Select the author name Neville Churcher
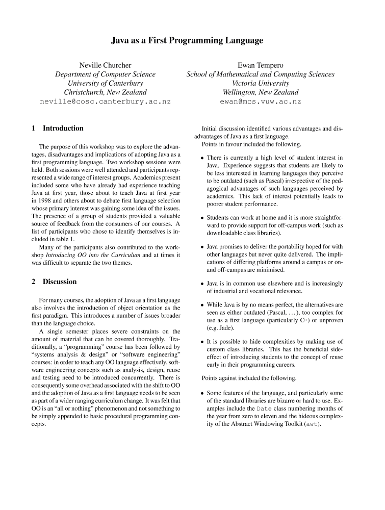pos(105,65)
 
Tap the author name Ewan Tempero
pos(260,65)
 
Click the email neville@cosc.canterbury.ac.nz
pos(105,101)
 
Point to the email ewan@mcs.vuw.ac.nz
pos(260,101)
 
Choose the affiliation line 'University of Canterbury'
pos(105,83)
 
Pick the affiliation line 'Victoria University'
pos(260,83)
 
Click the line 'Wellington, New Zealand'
pos(260,92)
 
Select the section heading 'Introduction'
pos(63,128)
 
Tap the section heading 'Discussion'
pos(60,282)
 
